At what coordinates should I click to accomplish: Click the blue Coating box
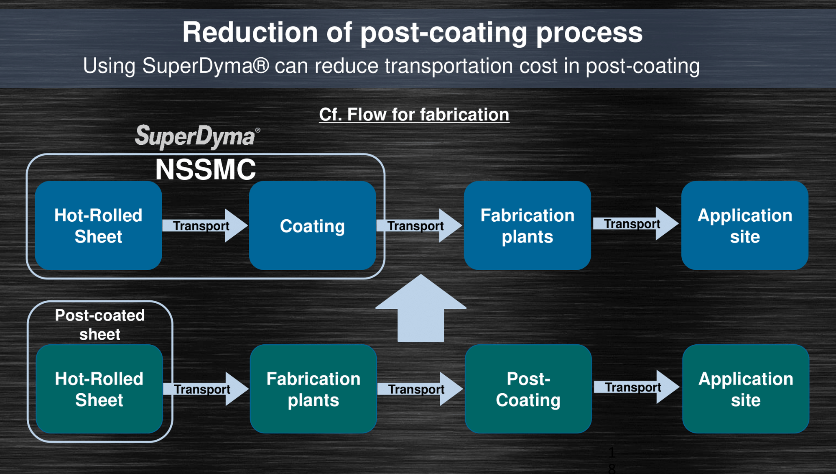pyautogui.click(x=312, y=225)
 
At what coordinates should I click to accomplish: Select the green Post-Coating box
pyautogui.click(x=528, y=389)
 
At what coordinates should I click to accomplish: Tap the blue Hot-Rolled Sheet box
pyautogui.click(x=98, y=225)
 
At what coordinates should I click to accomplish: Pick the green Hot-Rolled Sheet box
pyautogui.click(x=99, y=389)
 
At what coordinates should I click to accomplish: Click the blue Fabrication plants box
pyautogui.click(x=527, y=225)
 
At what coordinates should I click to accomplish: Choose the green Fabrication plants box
pyautogui.click(x=313, y=389)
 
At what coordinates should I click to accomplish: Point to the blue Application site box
pyautogui.click(x=745, y=225)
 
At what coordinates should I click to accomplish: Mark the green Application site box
pyautogui.click(x=746, y=389)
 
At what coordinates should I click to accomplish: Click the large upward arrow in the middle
pyautogui.click(x=421, y=308)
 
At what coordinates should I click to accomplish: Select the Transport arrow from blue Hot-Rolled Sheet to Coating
pyautogui.click(x=205, y=225)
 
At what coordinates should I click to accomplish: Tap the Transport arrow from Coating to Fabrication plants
pyautogui.click(x=419, y=225)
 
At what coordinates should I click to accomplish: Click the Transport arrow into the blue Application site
pyautogui.click(x=636, y=223)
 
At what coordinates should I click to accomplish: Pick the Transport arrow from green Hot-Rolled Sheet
pyautogui.click(x=206, y=389)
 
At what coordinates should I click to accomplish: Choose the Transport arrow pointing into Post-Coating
pyautogui.click(x=420, y=389)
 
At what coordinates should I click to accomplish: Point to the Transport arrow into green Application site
pyautogui.click(x=637, y=387)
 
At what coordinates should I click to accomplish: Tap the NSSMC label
pyautogui.click(x=205, y=170)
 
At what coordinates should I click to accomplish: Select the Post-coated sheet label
pyautogui.click(x=100, y=325)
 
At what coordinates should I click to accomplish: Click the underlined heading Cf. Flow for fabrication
pyautogui.click(x=414, y=115)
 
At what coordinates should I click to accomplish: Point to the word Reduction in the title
pyautogui.click(x=250, y=33)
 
